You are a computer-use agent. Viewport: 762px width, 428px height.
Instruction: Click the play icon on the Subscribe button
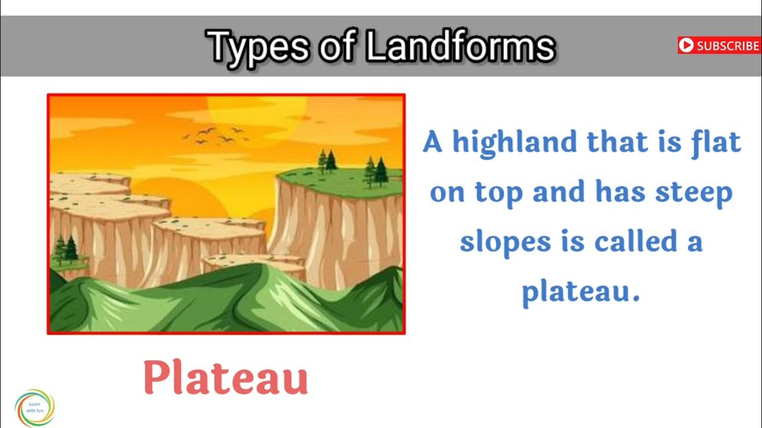pyautogui.click(x=686, y=45)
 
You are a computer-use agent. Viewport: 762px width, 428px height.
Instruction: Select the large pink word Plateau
pyautogui.click(x=226, y=378)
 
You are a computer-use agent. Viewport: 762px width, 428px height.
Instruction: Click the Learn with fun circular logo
pyautogui.click(x=35, y=408)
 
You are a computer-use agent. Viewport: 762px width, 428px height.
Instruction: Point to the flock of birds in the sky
pyautogui.click(x=214, y=136)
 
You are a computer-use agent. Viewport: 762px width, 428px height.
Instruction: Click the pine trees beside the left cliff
pyautogui.click(x=65, y=250)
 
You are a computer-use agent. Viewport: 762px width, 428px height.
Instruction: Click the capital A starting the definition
pyautogui.click(x=433, y=143)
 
